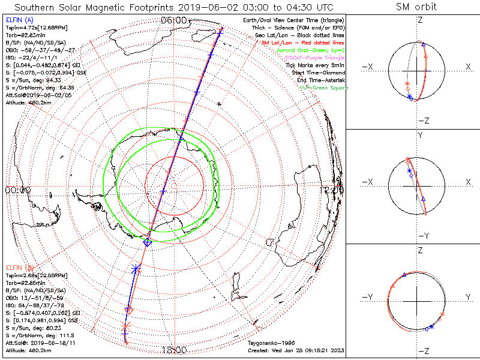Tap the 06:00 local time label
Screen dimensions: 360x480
(174, 20)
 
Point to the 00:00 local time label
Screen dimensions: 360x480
(17, 190)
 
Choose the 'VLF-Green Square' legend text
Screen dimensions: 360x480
(323, 88)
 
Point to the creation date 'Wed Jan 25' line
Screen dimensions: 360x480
(295, 350)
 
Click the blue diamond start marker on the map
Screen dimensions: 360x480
(148, 242)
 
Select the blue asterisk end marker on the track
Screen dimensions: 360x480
(136, 268)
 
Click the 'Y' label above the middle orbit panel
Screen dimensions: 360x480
(419, 135)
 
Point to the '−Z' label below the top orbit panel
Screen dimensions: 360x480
(423, 121)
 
